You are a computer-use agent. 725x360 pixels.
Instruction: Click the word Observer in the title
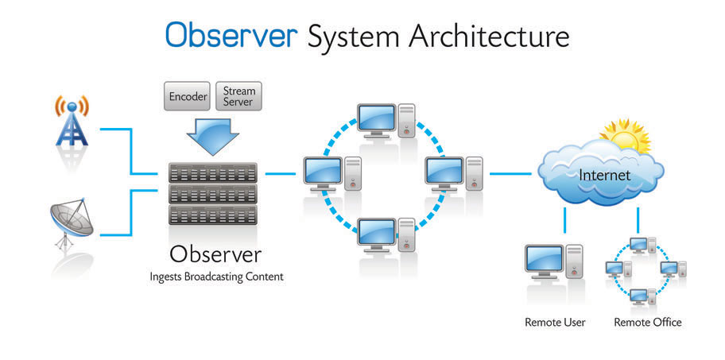231,36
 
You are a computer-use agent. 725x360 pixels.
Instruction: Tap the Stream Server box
238,97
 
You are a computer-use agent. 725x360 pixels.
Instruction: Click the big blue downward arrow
212,136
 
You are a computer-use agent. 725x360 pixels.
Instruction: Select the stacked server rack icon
213,193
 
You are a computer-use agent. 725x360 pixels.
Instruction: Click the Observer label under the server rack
215,255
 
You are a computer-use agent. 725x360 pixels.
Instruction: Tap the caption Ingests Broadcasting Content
215,277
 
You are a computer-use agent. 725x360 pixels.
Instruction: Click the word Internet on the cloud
604,174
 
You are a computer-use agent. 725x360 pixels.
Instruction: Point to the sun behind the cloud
625,135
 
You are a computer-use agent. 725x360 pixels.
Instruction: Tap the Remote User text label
555,323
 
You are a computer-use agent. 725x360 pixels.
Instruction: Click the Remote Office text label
648,323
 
